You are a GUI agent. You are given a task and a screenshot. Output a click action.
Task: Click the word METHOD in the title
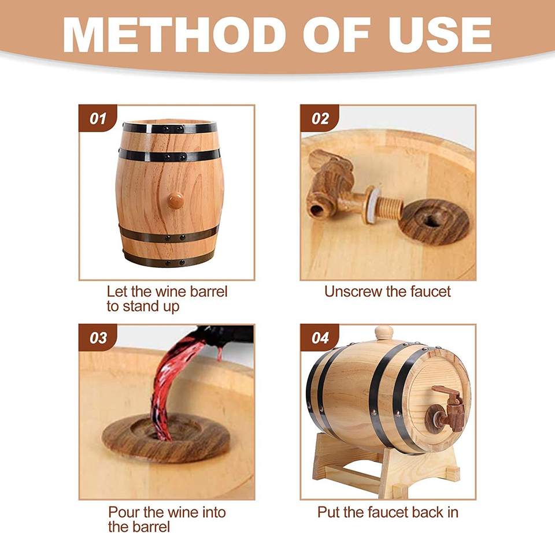pos(175,35)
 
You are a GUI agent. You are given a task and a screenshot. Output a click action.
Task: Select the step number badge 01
pos(98,118)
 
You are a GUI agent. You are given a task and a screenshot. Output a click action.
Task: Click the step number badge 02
pos(320,118)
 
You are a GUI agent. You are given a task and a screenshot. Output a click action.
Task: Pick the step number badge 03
pos(98,338)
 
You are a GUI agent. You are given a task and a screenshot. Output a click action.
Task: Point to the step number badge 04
pos(320,338)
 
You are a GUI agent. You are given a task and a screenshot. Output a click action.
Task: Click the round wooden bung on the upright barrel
pos(175,200)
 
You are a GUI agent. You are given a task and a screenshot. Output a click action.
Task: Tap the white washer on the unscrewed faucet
pos(373,204)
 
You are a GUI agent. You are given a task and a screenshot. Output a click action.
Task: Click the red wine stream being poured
pos(172,385)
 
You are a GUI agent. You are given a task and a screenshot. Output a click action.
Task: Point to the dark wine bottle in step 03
pos(227,334)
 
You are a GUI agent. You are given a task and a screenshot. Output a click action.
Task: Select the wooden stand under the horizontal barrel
pos(386,467)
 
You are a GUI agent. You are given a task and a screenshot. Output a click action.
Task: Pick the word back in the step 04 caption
pos(419,512)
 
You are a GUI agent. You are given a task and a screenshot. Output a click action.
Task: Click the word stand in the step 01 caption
pos(142,307)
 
